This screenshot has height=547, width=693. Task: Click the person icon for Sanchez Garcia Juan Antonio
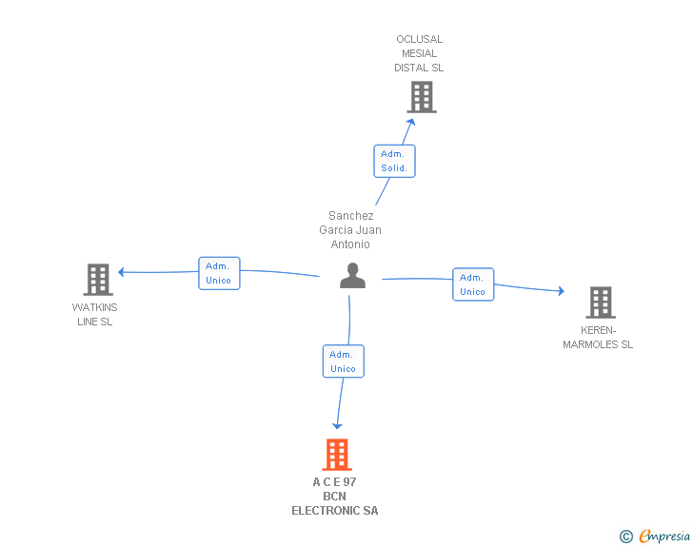click(352, 276)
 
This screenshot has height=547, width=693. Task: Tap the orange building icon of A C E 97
click(337, 455)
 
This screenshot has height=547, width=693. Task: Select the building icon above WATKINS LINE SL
click(98, 280)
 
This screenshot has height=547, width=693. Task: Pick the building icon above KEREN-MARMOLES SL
click(601, 303)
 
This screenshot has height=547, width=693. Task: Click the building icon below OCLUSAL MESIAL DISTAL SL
click(422, 97)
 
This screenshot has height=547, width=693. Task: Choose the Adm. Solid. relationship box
click(394, 162)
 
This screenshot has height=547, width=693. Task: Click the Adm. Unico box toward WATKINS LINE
click(219, 274)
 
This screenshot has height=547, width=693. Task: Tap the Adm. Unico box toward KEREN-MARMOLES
click(473, 284)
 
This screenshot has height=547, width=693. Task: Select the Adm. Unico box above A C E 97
click(344, 361)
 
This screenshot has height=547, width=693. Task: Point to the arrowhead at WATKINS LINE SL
click(121, 272)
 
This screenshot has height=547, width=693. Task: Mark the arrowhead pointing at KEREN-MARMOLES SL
click(562, 291)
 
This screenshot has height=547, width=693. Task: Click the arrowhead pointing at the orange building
click(337, 426)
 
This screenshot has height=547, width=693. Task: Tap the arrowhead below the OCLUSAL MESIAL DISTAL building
click(411, 122)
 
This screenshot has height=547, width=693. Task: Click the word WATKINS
click(94, 307)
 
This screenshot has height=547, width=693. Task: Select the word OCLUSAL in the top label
click(420, 39)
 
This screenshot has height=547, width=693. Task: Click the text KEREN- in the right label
click(598, 330)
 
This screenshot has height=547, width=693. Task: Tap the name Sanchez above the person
click(351, 216)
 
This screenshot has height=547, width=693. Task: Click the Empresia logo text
click(664, 537)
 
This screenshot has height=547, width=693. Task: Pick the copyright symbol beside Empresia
click(626, 537)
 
